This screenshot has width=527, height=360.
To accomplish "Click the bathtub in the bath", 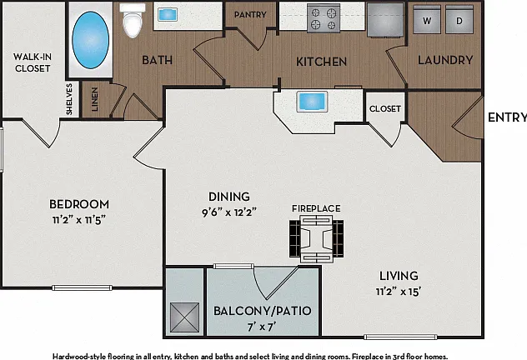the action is coord(90,40).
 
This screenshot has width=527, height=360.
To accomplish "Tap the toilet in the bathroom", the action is coord(133,20).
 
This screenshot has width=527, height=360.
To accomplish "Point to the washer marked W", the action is coord(427,20).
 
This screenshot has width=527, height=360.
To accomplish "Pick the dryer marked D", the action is coord(459,20).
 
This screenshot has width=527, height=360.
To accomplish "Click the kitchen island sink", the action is coord(312,102).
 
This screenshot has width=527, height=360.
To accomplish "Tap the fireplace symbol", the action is coord(317,239).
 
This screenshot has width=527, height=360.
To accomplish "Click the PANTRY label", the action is coord(250,15).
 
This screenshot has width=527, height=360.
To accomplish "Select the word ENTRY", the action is coord(507,117).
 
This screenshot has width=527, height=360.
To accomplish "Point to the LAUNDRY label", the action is coord(445,60).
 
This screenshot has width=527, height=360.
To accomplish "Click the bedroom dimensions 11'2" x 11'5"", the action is coord(79,220).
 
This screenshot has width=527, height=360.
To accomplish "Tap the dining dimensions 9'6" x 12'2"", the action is coord(228,212).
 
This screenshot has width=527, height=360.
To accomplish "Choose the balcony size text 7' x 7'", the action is coord(262,327).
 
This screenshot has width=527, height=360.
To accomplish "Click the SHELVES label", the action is coord(69,99).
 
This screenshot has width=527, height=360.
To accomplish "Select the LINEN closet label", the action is coord(95,99).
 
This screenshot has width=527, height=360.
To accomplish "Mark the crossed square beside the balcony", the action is coord(184,317).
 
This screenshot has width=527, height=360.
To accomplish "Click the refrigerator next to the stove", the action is coord(385,19).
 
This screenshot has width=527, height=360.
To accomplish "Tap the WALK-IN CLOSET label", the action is coord(33,62).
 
